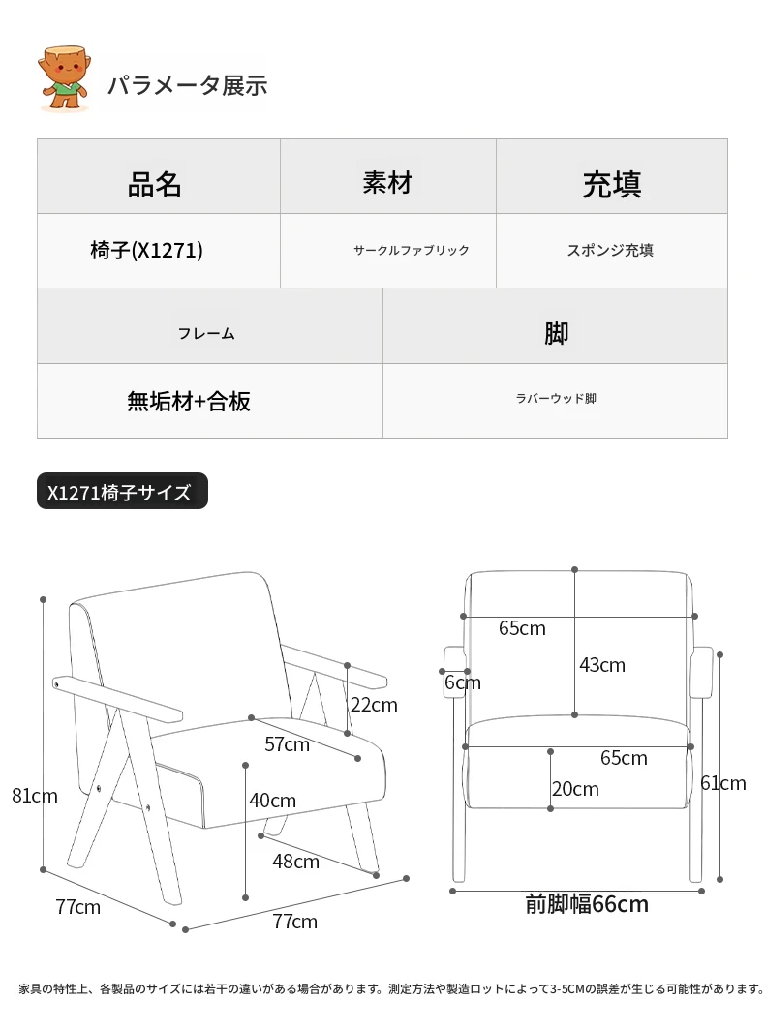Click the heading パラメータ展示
point(187,85)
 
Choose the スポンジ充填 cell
point(610,251)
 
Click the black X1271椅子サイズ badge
point(122,492)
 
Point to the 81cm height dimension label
point(35,796)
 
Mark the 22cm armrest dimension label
point(374,705)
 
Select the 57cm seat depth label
point(287,744)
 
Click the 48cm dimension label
point(295,861)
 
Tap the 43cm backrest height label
point(602,665)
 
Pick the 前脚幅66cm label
point(587,904)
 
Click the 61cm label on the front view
point(723,783)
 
